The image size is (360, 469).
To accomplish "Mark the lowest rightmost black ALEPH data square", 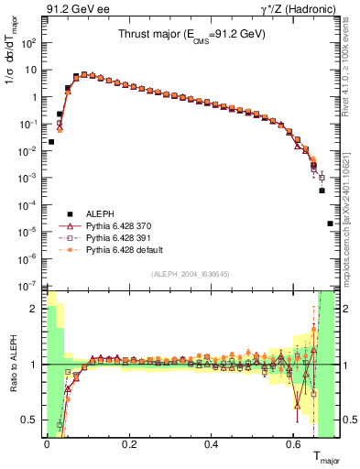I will [330, 224].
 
